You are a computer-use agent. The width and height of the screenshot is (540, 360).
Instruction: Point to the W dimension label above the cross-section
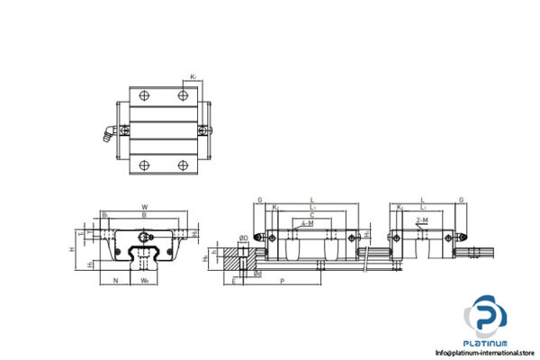[144, 206]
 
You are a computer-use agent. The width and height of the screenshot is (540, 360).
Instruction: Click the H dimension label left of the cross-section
[71, 247]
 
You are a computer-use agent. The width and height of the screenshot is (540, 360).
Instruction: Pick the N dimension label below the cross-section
[115, 279]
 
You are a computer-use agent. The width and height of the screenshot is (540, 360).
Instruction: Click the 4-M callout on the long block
[308, 222]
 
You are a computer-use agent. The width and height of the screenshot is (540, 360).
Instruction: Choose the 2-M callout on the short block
[422, 220]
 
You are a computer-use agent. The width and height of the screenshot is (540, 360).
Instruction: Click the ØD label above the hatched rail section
[243, 238]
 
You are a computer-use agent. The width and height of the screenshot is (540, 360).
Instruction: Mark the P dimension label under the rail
[284, 281]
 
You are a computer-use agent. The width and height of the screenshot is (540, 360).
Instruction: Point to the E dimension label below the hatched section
[234, 281]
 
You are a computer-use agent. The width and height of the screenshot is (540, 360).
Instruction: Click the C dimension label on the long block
[311, 214]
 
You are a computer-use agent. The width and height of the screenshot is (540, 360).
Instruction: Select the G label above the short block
[461, 200]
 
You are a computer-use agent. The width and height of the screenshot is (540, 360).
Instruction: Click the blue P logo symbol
[488, 319]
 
